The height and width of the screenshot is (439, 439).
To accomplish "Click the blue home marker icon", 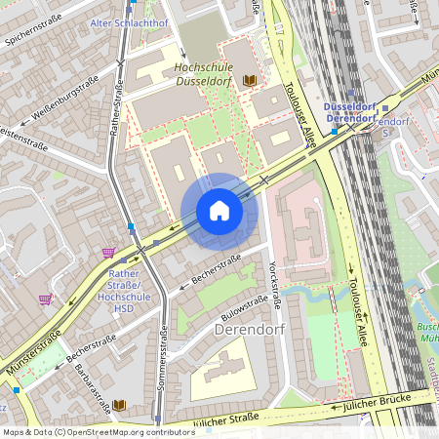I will pos(219,210).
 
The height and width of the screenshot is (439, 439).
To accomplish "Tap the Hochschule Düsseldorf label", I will pos(203,73).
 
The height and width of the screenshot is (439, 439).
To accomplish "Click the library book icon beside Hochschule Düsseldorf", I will pos(251,79).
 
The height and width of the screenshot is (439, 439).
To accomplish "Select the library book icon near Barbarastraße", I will pos(119,404).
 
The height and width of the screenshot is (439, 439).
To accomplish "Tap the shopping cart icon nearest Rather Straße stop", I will pos(107,252).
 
